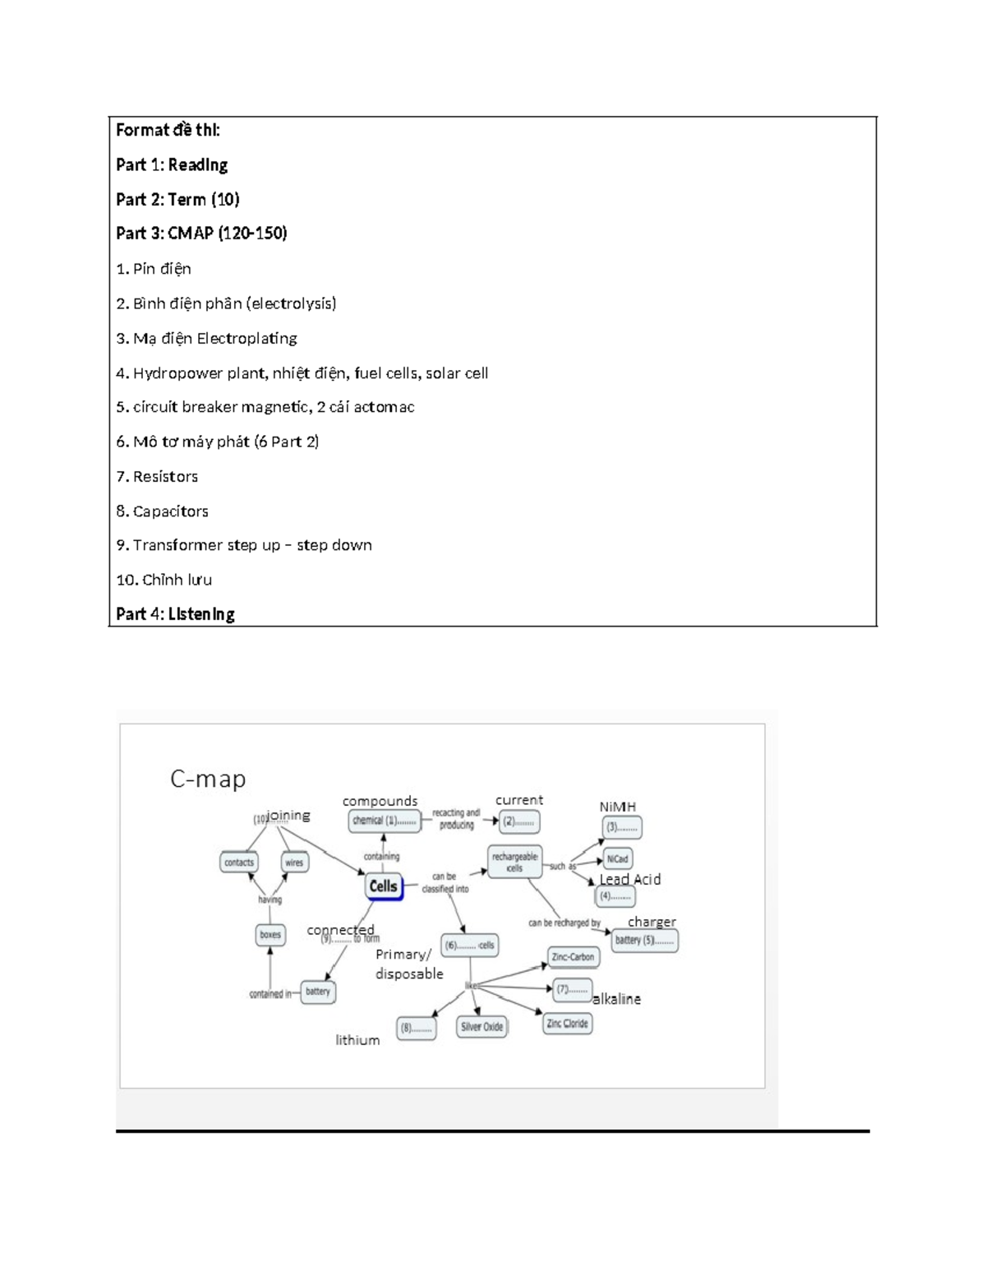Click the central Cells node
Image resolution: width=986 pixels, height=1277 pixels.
tap(384, 886)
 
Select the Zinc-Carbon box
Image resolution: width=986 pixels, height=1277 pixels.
tap(574, 957)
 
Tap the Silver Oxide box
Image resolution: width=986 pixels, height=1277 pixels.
tap(481, 1027)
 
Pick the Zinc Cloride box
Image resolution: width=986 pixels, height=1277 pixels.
tap(567, 1024)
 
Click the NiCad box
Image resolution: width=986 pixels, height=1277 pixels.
tap(617, 858)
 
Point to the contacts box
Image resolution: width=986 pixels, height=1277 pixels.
tap(239, 863)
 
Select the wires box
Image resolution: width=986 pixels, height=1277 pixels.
tap(294, 863)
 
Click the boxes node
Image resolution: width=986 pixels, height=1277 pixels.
tap(270, 935)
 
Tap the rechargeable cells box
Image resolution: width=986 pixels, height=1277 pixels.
tap(514, 862)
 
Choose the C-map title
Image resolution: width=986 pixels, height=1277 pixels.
tap(208, 779)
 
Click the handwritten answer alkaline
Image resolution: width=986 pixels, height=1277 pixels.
tap(616, 999)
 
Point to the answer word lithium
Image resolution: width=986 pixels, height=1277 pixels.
tap(357, 1040)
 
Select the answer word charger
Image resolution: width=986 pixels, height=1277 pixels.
tap(652, 922)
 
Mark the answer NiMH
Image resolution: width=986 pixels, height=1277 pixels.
tap(618, 807)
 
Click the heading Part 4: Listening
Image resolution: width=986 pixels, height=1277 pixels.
tap(175, 614)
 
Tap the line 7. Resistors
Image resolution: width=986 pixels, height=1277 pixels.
tap(157, 476)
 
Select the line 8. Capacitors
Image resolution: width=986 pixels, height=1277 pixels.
tap(162, 511)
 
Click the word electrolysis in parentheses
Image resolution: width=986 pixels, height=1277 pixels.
tap(293, 303)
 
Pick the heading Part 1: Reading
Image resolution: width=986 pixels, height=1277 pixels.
tap(172, 164)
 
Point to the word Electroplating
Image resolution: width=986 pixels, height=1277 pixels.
tap(246, 338)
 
